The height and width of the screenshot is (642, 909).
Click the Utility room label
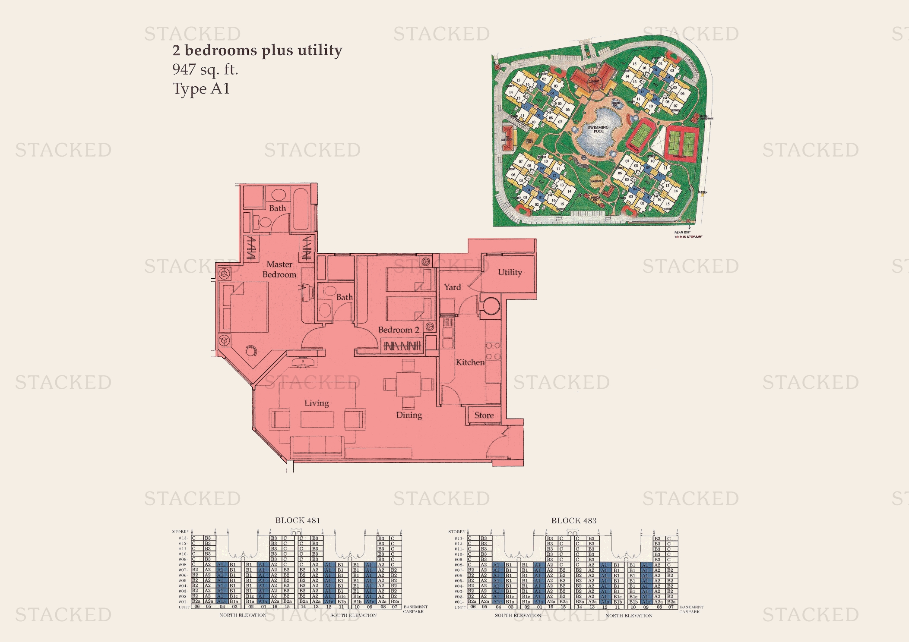tap(510, 272)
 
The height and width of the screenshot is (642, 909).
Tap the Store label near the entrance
tap(484, 415)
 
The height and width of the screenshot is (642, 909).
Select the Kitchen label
tap(470, 362)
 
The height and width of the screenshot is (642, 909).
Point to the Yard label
tap(452, 287)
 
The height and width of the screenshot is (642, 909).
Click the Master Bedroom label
tap(279, 269)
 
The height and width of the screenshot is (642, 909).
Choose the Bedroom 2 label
tap(398, 330)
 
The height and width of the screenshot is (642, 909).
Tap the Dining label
tap(409, 415)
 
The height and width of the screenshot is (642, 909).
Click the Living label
tap(317, 403)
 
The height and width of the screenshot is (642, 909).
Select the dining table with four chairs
tap(409, 384)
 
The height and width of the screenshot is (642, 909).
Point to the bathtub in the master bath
tap(300, 209)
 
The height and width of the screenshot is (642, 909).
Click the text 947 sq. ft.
tap(205, 69)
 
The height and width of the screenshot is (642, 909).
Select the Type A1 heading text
tap(201, 88)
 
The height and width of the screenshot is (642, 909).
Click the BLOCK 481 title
tap(298, 520)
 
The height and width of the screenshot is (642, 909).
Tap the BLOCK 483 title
tap(573, 520)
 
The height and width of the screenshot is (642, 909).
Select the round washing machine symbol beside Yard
tap(490, 306)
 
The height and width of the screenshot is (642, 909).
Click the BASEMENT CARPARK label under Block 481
tap(415, 609)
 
